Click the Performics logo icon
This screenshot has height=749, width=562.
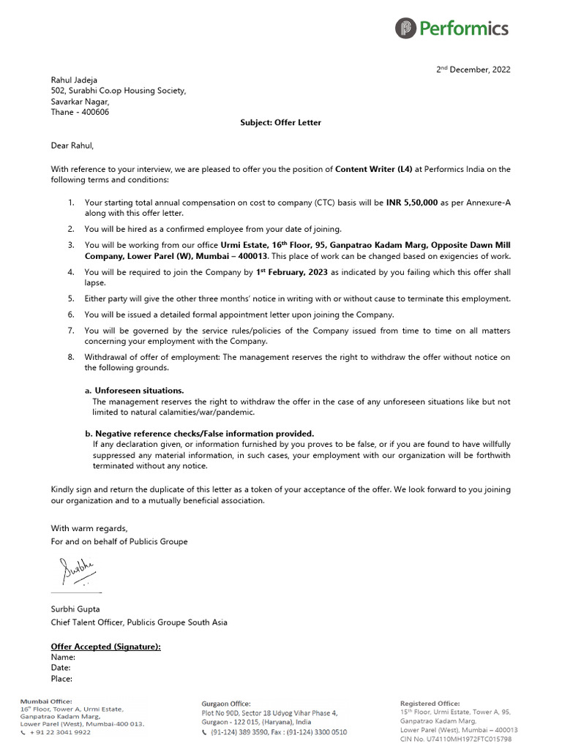(405, 29)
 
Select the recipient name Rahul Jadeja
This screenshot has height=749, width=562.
(74, 80)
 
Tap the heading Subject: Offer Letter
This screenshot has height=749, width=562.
(280, 123)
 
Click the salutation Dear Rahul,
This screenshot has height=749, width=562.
(72, 146)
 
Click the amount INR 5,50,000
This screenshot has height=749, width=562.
(411, 203)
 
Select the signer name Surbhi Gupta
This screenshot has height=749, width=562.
(75, 609)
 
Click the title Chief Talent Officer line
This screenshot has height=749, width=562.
(139, 622)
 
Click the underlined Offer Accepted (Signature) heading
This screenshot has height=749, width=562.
(105, 647)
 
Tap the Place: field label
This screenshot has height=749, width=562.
(61, 679)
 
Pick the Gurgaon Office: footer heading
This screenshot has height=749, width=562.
(226, 704)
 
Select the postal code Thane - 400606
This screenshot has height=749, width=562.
(80, 112)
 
